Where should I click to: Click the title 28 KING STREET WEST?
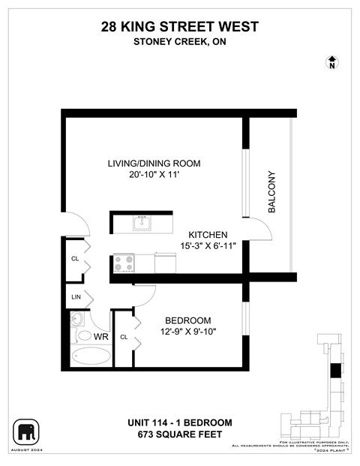click(180, 27)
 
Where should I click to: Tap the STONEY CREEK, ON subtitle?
click(180, 41)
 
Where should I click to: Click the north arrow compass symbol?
click(331, 62)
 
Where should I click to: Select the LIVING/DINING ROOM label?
click(154, 164)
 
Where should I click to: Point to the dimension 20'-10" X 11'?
click(154, 176)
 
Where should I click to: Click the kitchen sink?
click(141, 222)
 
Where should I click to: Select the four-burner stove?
click(123, 263)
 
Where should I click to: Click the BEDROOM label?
click(187, 320)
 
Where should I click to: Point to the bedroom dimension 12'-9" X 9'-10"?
click(187, 332)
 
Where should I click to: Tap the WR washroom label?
click(101, 337)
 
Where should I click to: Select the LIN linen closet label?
click(75, 298)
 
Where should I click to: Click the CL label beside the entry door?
click(75, 259)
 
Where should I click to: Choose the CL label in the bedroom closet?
click(124, 338)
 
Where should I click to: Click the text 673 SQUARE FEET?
click(180, 434)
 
